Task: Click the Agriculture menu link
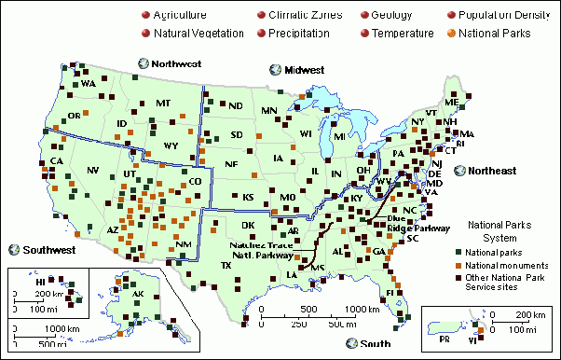(180, 16)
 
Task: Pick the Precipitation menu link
(298, 33)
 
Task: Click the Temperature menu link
(402, 33)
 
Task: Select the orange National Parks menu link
(499, 33)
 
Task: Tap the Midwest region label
(304, 70)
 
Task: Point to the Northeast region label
(491, 171)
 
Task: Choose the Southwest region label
(49, 249)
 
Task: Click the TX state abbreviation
(226, 265)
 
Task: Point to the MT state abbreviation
(164, 103)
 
